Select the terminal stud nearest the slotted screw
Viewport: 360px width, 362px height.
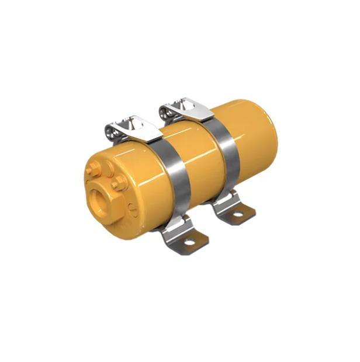[x=119, y=183]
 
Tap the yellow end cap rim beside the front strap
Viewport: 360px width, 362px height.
[x=149, y=175]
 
